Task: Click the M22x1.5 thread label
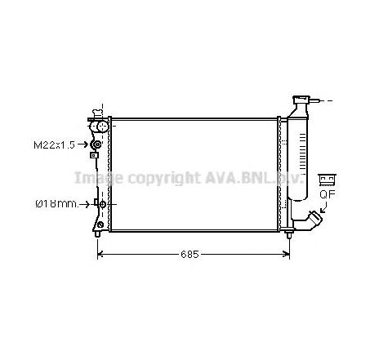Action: [x=54, y=145]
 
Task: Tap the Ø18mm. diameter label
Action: [x=55, y=203]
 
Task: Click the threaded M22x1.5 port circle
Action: [x=96, y=145]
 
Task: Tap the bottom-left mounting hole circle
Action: [x=99, y=223]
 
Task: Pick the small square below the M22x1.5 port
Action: [x=95, y=155]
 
